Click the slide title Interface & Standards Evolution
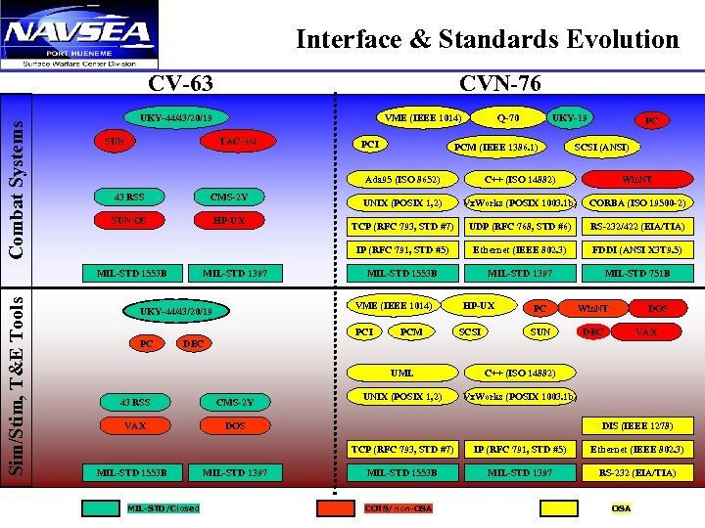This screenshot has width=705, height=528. pos(487,39)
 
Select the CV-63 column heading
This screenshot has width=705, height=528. pos(180,84)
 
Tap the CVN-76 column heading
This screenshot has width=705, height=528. pos(499,84)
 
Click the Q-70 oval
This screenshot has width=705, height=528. pos(508,118)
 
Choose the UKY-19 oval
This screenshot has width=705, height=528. pos(569,118)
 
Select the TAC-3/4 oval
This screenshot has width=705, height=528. pos(238,142)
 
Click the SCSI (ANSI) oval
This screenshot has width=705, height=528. pos(600,148)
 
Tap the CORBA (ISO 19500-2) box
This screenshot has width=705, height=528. pos(636,202)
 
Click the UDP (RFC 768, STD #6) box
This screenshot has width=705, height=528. pos(520,226)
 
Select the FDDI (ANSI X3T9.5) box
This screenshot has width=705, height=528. pos(636,249)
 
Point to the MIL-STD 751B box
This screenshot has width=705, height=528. pos(636,273)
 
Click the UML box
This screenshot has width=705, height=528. pos(402,373)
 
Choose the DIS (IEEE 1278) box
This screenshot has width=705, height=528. pos(636,425)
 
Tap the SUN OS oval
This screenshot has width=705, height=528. pos(129,221)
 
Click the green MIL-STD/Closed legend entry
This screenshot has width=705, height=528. pos(163,508)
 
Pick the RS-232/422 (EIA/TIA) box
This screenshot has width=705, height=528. pos(636,226)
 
